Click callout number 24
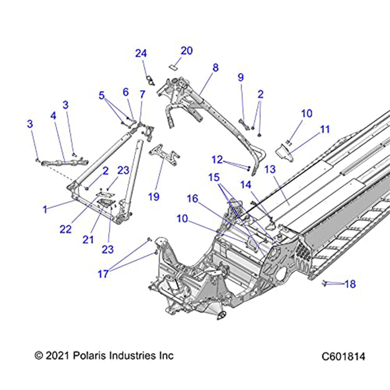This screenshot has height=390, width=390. (141, 53)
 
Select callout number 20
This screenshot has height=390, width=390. (186, 51)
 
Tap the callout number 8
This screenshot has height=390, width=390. (215, 67)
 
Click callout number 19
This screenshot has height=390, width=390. (154, 197)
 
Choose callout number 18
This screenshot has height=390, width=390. (350, 284)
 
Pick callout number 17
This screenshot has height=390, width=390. (103, 274)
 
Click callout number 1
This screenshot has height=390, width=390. (45, 209)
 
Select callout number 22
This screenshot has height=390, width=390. (66, 229)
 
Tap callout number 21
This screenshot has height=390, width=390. (88, 239)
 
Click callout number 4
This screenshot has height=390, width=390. (53, 116)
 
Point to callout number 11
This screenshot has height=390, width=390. (324, 129)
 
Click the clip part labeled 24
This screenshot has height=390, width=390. (150, 80)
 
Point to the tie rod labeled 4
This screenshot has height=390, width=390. (62, 161)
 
